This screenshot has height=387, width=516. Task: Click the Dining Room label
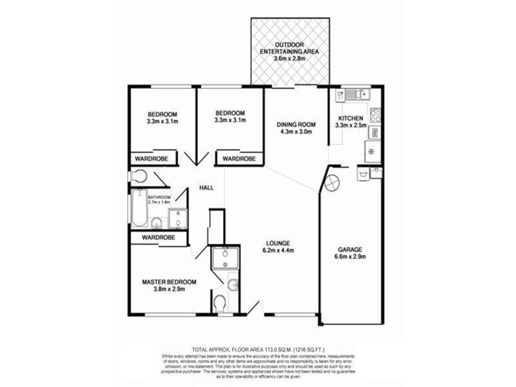click(296, 124)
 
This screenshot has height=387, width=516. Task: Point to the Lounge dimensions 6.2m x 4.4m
click(279, 252)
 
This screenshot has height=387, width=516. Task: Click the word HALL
click(206, 188)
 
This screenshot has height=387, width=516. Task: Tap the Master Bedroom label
click(169, 282)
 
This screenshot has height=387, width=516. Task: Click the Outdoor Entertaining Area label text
click(289, 48)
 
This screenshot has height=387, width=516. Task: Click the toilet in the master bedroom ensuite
click(220, 301)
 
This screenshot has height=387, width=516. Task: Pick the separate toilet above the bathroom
click(138, 176)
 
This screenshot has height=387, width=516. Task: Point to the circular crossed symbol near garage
click(331, 182)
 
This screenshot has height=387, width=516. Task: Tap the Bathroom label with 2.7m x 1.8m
click(159, 199)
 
